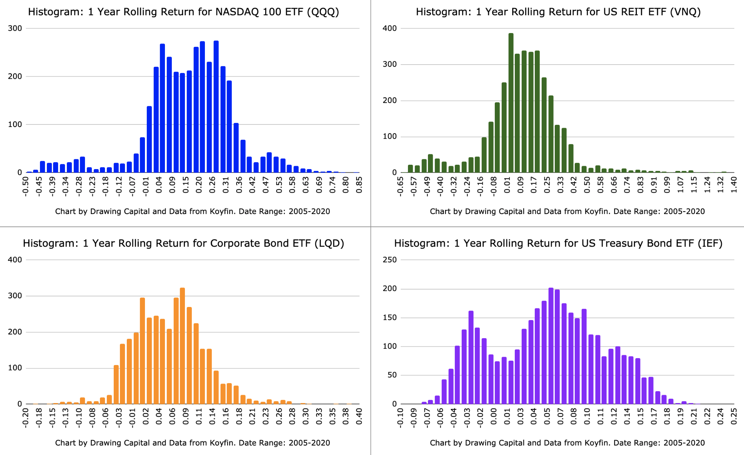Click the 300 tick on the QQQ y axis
15,28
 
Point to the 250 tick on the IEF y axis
390,260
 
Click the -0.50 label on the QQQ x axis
26,186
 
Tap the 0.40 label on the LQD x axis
359,417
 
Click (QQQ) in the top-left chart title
323,12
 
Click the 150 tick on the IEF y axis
390,317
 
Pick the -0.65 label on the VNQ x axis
400,186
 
